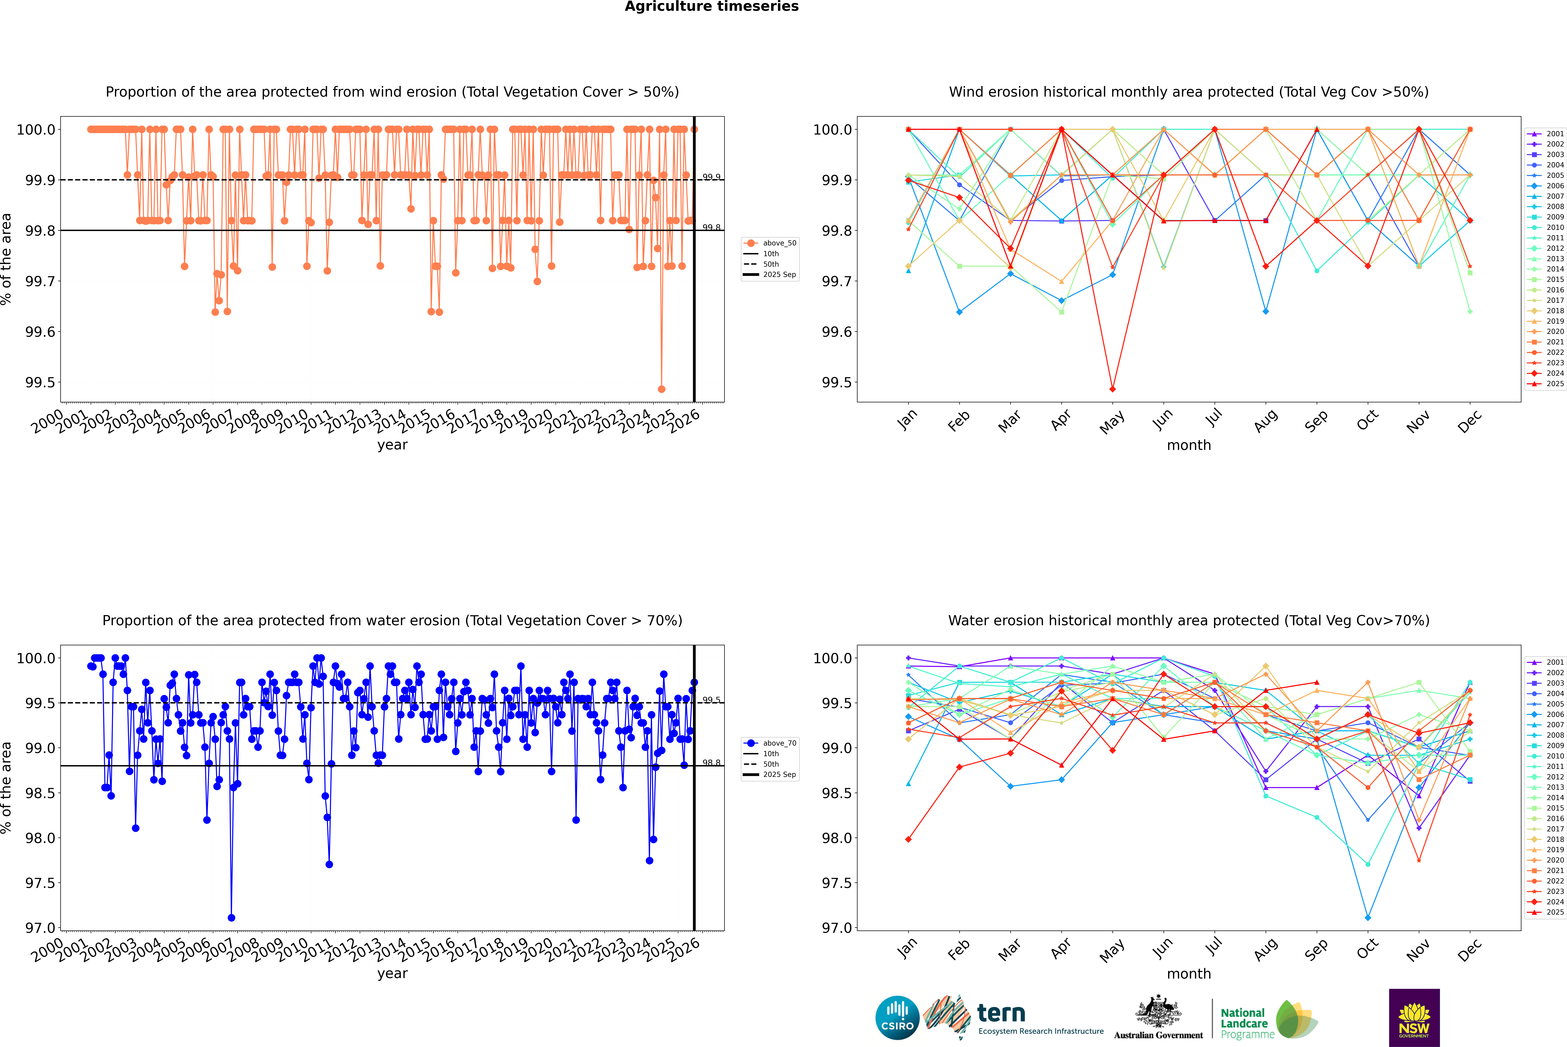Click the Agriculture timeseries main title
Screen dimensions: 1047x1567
pos(711,7)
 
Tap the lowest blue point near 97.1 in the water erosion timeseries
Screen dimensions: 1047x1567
pos(231,917)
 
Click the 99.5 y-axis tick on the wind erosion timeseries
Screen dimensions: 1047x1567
pos(40,383)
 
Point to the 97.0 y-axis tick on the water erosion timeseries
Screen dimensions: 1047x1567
pos(40,928)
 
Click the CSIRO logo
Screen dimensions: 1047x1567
pos(897,1018)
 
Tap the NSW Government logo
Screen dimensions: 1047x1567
pos(1414,1018)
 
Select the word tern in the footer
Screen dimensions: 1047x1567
pos(1001,1014)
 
